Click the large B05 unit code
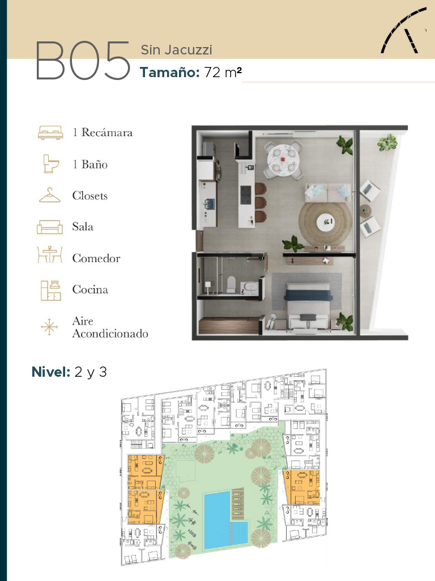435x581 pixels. point(83,61)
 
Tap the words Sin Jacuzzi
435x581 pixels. point(177,50)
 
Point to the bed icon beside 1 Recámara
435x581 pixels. point(50,132)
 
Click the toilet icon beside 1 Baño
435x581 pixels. point(51,164)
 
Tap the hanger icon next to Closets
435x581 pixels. point(50,195)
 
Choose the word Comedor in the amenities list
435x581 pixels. point(96,258)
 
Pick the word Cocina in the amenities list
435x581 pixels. point(90,289)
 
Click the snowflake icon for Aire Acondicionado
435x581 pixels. point(49,327)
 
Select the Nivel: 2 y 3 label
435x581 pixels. point(69,372)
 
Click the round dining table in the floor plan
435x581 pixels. point(283,159)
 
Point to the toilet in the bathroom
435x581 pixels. point(231,284)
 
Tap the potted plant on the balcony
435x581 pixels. point(387,142)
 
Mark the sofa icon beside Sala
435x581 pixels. point(50,227)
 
